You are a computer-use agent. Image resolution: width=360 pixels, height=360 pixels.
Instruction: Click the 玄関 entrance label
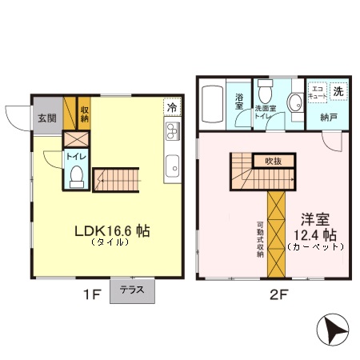pos(46,118)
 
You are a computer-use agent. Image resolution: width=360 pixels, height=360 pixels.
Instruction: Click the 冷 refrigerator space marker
pos(171,106)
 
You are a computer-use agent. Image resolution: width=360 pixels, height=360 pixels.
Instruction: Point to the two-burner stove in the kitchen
pos(171,130)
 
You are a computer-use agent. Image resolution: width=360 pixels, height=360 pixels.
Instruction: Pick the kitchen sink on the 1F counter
pos(171,166)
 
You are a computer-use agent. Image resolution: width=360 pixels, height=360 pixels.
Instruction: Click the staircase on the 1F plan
pos(116,181)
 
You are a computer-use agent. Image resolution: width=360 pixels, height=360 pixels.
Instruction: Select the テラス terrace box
pos(132,290)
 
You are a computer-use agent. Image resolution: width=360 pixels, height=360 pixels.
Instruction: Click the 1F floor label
pos(90,294)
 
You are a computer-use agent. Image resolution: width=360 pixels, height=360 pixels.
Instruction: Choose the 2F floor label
pos(278,294)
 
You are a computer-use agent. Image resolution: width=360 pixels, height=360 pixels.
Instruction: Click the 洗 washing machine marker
pos(339,91)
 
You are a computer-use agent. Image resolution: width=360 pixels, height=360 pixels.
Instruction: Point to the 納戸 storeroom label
pos(328,118)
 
